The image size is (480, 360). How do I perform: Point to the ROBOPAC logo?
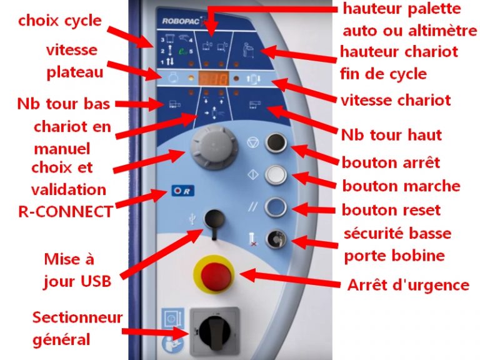point(181,19)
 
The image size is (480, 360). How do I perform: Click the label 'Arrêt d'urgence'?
point(407,285)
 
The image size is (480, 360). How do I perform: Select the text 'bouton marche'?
point(401,186)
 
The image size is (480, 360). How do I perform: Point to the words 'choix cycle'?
point(59,20)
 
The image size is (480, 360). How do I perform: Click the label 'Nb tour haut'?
point(391,134)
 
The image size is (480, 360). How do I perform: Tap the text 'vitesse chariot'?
point(396,99)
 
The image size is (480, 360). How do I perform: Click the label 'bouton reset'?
point(391,210)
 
